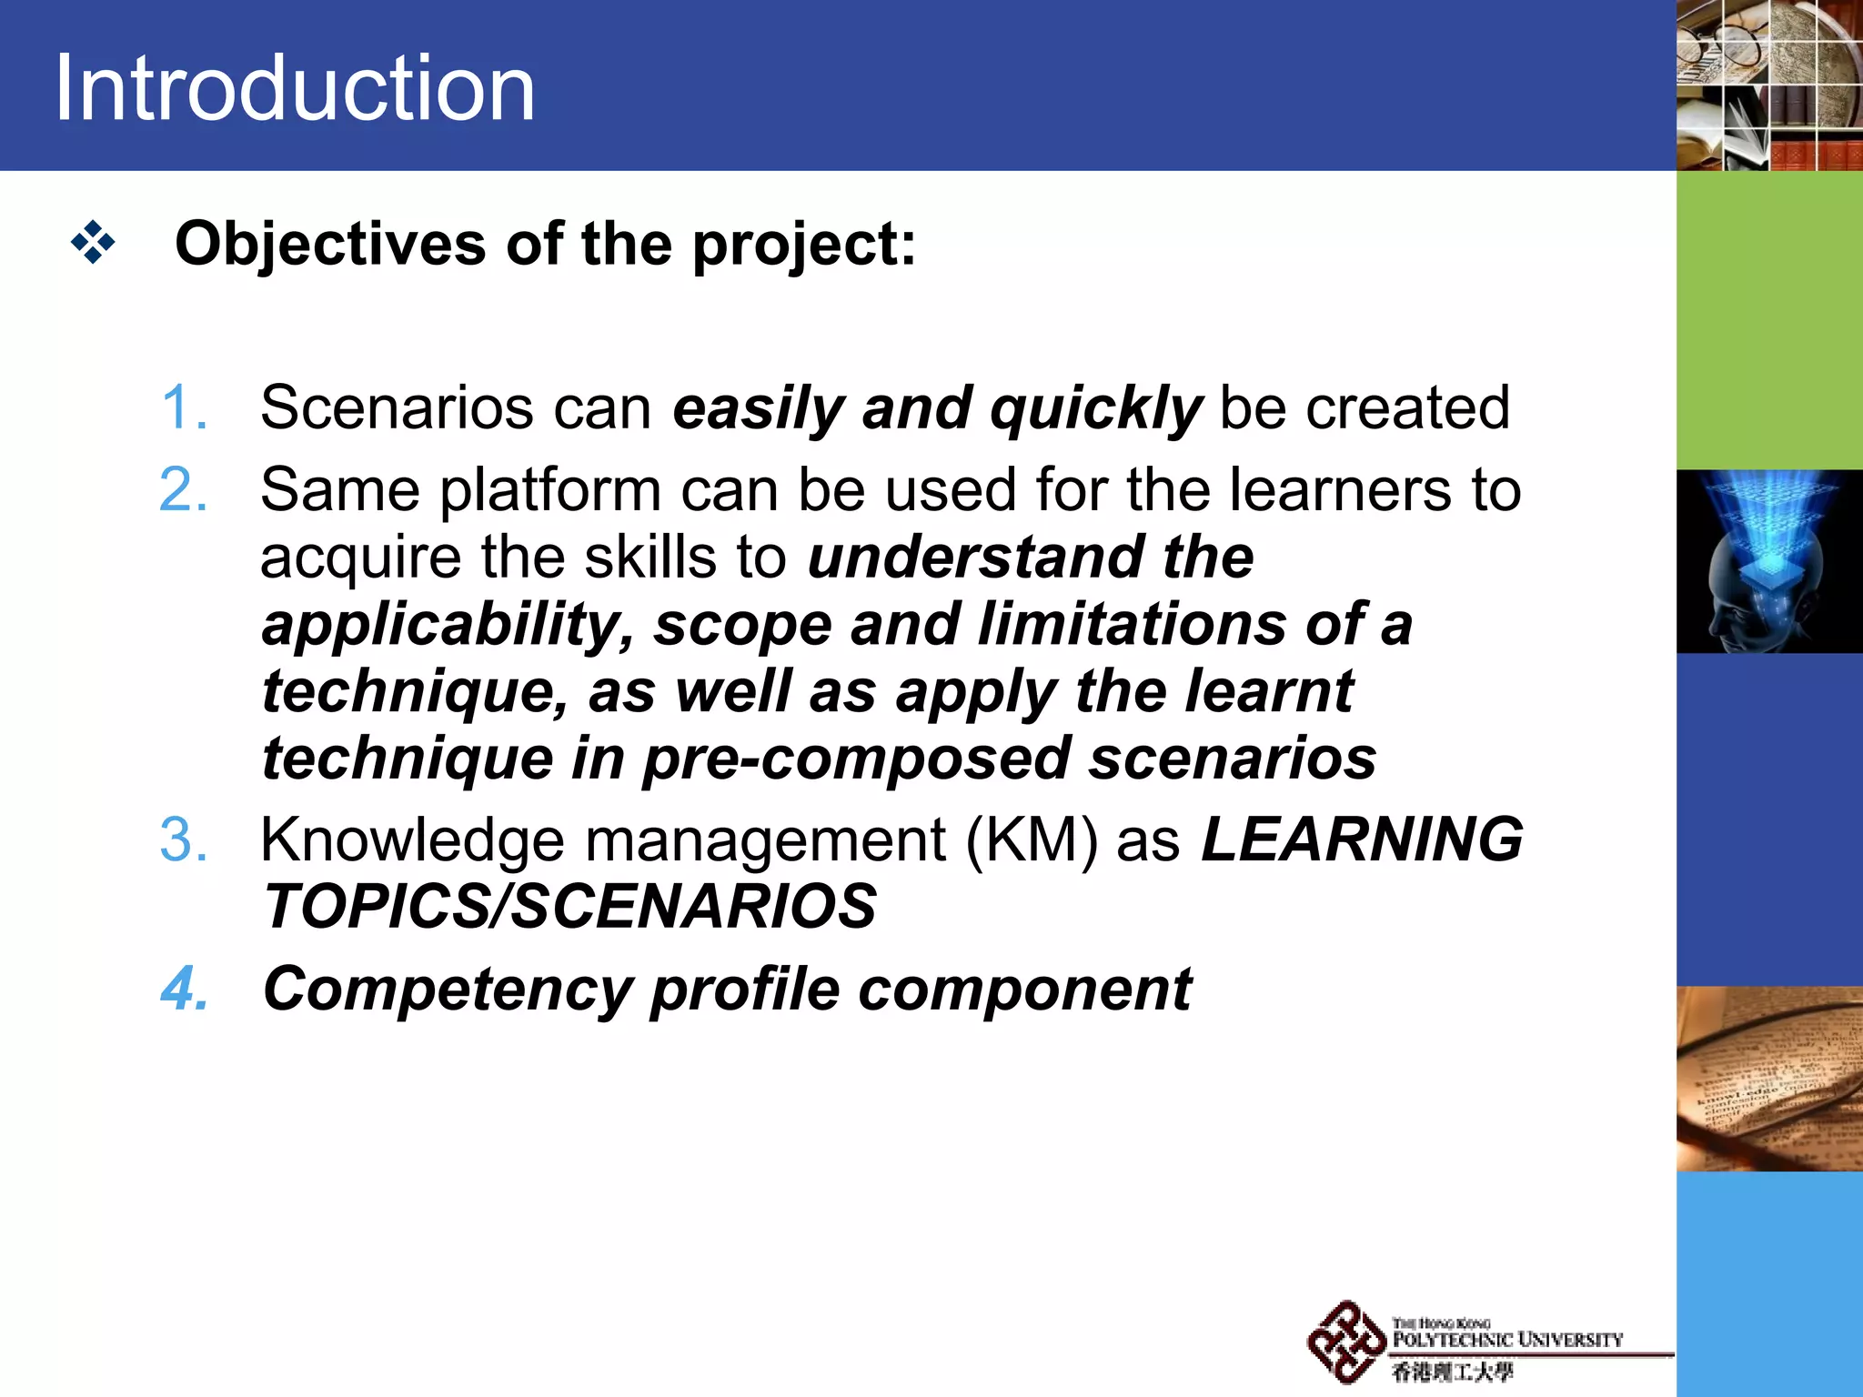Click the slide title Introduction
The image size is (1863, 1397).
click(295, 87)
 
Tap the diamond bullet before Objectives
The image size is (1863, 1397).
click(93, 243)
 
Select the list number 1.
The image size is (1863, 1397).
click(183, 407)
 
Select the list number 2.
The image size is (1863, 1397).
click(183, 490)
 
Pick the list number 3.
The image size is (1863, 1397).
click(183, 839)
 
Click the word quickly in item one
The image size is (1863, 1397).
click(1096, 408)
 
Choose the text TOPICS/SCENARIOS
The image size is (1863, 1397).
click(569, 907)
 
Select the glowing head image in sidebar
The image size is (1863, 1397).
click(1768, 561)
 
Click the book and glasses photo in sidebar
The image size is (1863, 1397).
click(1768, 1079)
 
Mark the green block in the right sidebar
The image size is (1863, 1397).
click(1768, 320)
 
